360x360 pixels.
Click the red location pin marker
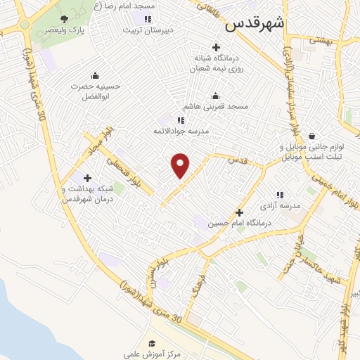181,165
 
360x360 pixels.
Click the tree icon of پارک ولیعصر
65,19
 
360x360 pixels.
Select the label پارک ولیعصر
65,31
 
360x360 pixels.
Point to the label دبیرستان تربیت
146,30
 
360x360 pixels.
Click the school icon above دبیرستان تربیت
147,19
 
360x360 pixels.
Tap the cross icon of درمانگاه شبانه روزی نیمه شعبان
216,46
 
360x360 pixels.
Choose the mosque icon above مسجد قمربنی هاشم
215,96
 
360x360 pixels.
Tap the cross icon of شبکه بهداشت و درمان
87,178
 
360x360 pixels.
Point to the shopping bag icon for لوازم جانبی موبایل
311,136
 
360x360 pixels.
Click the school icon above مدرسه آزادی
279,195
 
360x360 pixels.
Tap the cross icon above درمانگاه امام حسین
239,212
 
